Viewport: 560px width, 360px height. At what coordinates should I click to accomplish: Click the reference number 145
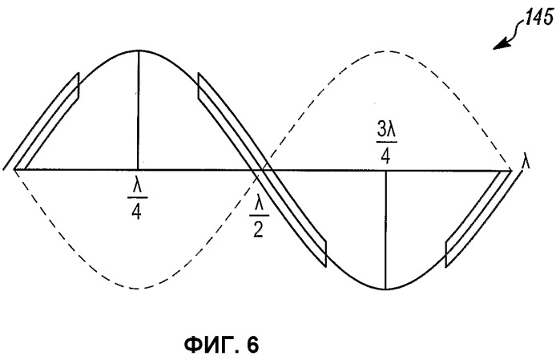pyautogui.click(x=540, y=17)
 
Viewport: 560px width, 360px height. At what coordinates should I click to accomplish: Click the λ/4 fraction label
pyautogui.click(x=138, y=202)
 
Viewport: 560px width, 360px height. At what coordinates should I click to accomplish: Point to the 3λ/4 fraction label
pyautogui.click(x=385, y=144)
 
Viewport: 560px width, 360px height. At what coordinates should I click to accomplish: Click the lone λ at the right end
pyautogui.click(x=526, y=163)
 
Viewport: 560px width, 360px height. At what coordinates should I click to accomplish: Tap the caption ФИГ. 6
pyautogui.click(x=221, y=346)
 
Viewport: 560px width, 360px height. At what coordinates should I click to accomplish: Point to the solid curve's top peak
pyautogui.click(x=139, y=51)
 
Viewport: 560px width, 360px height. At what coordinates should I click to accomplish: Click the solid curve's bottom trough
pyautogui.click(x=385, y=289)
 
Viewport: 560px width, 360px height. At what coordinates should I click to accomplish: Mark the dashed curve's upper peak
pyautogui.click(x=385, y=51)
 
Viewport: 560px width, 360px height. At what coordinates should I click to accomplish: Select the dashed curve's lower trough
pyautogui.click(x=137, y=288)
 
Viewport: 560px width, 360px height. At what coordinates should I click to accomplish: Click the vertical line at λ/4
pyautogui.click(x=139, y=110)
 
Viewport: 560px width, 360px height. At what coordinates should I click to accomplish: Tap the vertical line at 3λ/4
pyautogui.click(x=385, y=229)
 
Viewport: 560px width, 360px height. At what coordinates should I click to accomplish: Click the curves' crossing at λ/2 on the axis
pyautogui.click(x=264, y=170)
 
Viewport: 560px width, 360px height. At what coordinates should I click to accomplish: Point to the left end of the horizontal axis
pyautogui.click(x=14, y=169)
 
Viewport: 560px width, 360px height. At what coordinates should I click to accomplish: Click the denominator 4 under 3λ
pyautogui.click(x=385, y=156)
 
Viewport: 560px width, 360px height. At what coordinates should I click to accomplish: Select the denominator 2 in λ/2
pyautogui.click(x=259, y=231)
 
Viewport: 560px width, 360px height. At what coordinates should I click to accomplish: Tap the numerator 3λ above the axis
pyautogui.click(x=387, y=132)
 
